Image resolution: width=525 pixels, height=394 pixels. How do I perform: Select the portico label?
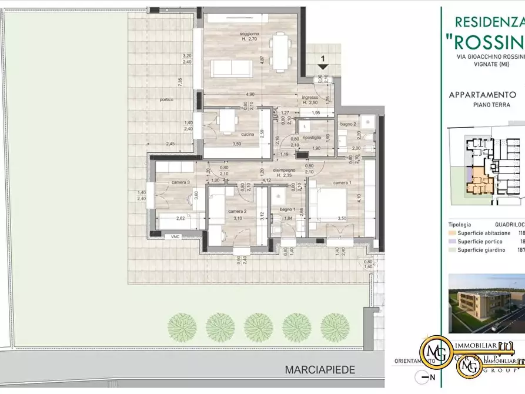tap(166, 99)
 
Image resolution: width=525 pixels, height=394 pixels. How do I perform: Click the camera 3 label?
tap(180, 182)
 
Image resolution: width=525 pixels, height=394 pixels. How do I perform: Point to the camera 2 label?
tap(237, 211)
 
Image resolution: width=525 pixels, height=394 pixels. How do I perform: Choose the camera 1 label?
tap(343, 183)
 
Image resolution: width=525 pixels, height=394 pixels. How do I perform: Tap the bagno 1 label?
tap(287, 209)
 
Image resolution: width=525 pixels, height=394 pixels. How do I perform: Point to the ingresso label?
tap(310, 97)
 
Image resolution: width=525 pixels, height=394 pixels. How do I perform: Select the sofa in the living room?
tap(232, 69)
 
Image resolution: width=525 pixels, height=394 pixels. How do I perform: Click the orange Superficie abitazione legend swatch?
tap(452, 233)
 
